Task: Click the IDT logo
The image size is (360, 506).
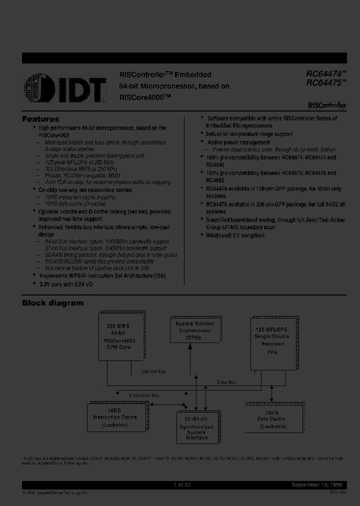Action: point(65,87)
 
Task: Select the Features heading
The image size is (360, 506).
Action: point(40,119)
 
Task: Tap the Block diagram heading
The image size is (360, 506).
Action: point(52,303)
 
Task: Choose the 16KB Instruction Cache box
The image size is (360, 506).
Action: point(115,417)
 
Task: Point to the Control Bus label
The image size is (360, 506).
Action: point(154,371)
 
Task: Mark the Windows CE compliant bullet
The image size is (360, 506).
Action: point(235,235)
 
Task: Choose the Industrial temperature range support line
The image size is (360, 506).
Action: point(249,134)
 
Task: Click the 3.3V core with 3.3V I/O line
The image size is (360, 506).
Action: point(65,284)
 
